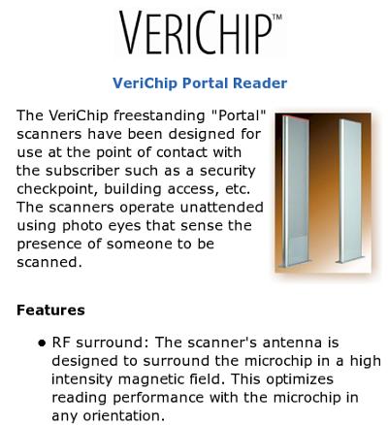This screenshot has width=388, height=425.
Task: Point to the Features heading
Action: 50,311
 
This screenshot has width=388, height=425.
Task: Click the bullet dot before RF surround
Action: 42,343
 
